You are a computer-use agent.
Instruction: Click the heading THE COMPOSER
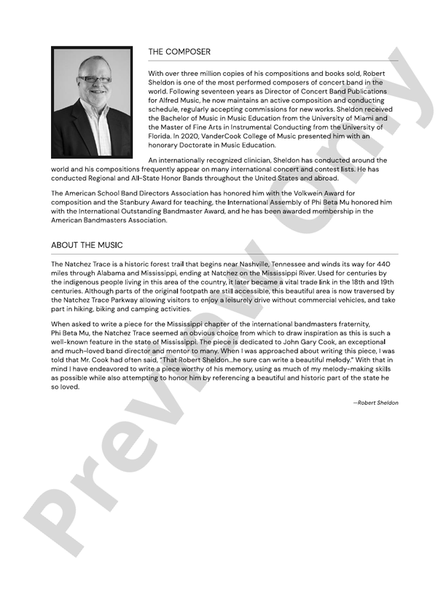tap(179, 52)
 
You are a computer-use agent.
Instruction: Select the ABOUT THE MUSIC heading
tap(87, 245)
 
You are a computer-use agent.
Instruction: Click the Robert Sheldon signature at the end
tap(376, 402)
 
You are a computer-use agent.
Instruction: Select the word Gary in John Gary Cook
tap(308, 342)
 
